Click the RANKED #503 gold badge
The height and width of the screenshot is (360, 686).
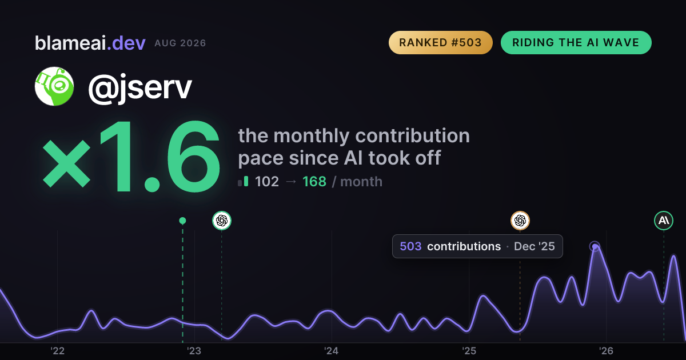click(x=440, y=42)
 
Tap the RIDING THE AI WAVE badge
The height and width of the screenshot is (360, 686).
click(x=576, y=42)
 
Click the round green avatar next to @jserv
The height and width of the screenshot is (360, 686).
click(x=54, y=86)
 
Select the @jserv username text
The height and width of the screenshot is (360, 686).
click(x=140, y=87)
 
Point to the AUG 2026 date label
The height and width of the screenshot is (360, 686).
click(x=180, y=43)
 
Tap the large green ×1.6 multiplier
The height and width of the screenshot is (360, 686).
click(x=131, y=156)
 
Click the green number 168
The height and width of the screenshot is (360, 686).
click(x=314, y=182)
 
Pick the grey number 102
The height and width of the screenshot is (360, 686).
click(x=267, y=182)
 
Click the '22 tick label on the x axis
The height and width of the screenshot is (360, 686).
click(x=58, y=351)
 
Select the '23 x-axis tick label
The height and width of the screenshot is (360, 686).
click(x=194, y=351)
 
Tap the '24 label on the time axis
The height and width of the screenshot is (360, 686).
click(x=332, y=351)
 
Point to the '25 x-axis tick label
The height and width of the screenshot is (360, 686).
click(x=469, y=351)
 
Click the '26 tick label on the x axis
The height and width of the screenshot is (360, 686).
click(x=606, y=351)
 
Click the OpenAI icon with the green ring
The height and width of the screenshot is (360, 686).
click(x=222, y=221)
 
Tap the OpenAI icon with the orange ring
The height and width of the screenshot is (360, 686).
click(x=520, y=221)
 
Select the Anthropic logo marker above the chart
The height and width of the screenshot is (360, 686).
click(x=664, y=221)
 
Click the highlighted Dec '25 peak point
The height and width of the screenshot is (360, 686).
click(x=595, y=246)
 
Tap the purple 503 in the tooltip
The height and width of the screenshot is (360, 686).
click(x=410, y=246)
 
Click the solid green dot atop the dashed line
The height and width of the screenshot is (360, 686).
click(x=182, y=221)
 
